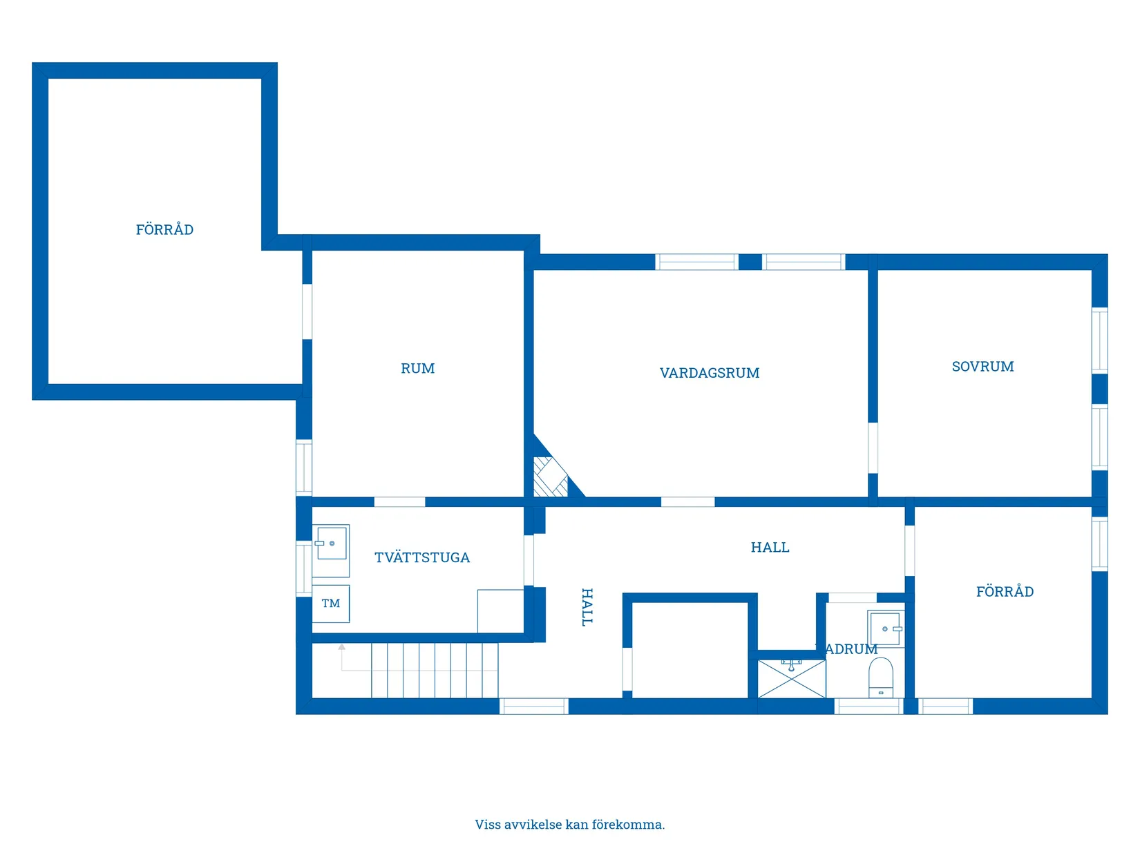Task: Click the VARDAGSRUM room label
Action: pos(710,373)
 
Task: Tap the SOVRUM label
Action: pos(982,367)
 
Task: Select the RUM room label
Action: pos(417,369)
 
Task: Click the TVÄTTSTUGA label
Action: pos(422,557)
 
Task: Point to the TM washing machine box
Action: pos(330,604)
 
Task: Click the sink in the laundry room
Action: pos(331,546)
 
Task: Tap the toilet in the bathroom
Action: pos(881,678)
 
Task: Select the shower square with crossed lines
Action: pos(792,679)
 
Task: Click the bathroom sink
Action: pos(885,628)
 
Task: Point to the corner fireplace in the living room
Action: pos(551,477)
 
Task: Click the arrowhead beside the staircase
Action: pos(341,647)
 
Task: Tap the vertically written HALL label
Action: pos(587,607)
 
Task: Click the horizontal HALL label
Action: pos(770,548)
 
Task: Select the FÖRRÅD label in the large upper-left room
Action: pos(164,230)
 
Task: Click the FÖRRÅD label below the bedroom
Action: pos(1005,592)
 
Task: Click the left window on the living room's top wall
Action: pos(696,262)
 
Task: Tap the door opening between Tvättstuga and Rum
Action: pos(399,502)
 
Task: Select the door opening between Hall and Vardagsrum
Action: pos(687,502)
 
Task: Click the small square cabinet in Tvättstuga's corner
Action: pos(500,611)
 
